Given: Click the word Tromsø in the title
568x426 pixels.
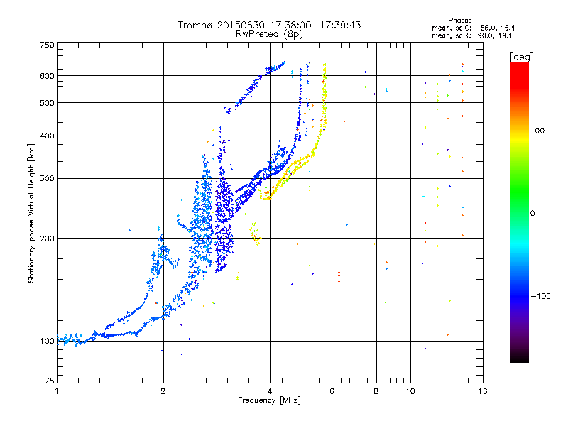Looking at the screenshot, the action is (x=196, y=25).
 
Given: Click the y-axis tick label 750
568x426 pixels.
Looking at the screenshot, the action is (x=47, y=45).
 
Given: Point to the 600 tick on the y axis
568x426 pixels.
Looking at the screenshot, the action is (x=47, y=76).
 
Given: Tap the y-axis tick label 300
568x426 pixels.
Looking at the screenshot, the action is (x=47, y=178).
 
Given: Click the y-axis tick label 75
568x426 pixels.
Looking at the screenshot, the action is (x=50, y=381).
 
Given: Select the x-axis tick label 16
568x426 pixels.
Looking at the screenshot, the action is (x=482, y=391).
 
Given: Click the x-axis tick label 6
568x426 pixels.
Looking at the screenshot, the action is (x=332, y=391).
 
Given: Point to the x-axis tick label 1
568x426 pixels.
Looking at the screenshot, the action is (x=57, y=391).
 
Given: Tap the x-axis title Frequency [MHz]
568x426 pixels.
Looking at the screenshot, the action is (x=269, y=400).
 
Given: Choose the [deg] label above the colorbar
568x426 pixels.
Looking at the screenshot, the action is (x=521, y=57).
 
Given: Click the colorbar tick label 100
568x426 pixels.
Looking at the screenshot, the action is (x=537, y=131).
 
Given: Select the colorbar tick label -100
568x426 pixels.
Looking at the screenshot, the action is (x=541, y=296).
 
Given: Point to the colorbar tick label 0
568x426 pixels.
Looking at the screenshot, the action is (x=532, y=214).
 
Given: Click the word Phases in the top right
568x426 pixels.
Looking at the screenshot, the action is (x=459, y=21).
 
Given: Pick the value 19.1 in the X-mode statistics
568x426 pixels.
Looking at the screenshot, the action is (x=505, y=36).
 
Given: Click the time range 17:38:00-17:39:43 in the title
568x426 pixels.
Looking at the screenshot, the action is (x=315, y=25).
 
